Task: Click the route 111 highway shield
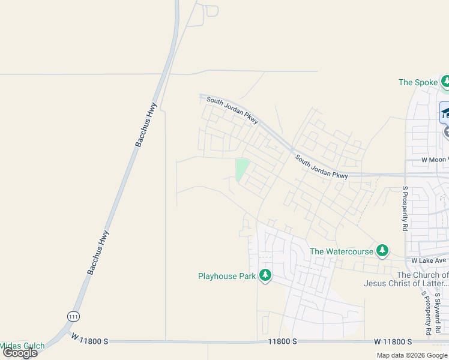click(x=74, y=316)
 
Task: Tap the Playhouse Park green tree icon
click(x=265, y=276)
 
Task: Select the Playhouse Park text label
click(x=227, y=277)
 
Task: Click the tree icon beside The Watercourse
click(x=382, y=251)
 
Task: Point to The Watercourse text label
click(x=342, y=251)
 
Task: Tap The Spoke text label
click(x=418, y=82)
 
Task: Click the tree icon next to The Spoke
click(x=446, y=81)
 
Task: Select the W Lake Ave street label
click(x=429, y=260)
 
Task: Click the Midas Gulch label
click(x=22, y=346)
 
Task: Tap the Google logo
click(x=20, y=353)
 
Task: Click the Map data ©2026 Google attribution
click(x=412, y=355)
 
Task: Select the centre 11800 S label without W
click(x=282, y=341)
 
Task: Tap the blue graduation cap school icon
click(x=445, y=112)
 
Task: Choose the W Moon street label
click(x=434, y=160)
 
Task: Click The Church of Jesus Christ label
click(x=406, y=279)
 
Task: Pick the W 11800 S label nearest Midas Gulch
click(x=89, y=340)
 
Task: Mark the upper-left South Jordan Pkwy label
click(x=232, y=111)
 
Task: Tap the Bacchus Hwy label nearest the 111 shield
click(x=98, y=253)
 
